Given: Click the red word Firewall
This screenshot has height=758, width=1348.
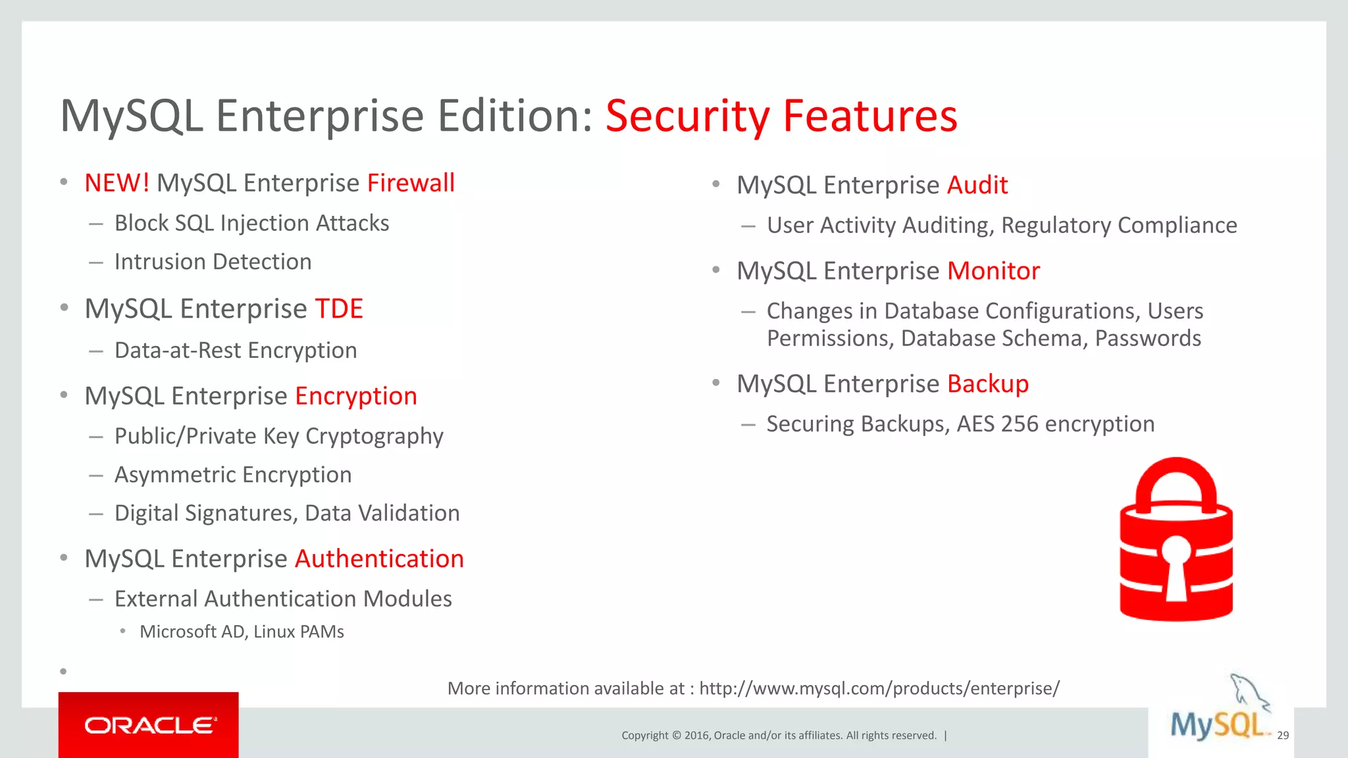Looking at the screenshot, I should point(411,183).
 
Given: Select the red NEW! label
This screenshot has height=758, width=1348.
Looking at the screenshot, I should point(117,183).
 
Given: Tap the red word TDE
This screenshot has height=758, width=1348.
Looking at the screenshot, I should point(339,309).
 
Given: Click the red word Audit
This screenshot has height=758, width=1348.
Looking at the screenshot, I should point(977,186).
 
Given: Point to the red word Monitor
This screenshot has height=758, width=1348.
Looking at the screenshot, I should point(993,271).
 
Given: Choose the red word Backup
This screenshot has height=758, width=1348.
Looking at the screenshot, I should point(988,384).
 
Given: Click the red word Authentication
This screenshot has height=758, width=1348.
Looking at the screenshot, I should point(379,559).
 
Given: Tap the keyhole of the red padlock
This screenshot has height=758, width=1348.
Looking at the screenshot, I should point(1176,567).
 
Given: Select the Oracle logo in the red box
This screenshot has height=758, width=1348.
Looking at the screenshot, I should point(149,725).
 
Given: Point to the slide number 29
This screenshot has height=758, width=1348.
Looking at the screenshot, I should point(1283,736).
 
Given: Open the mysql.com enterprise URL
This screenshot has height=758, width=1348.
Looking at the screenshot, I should point(879,688).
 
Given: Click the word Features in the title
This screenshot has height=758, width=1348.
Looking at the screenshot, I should point(869,116).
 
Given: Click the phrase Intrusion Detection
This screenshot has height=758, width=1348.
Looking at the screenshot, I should point(213,262).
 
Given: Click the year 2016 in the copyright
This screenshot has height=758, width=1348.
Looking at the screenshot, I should point(696,736).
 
